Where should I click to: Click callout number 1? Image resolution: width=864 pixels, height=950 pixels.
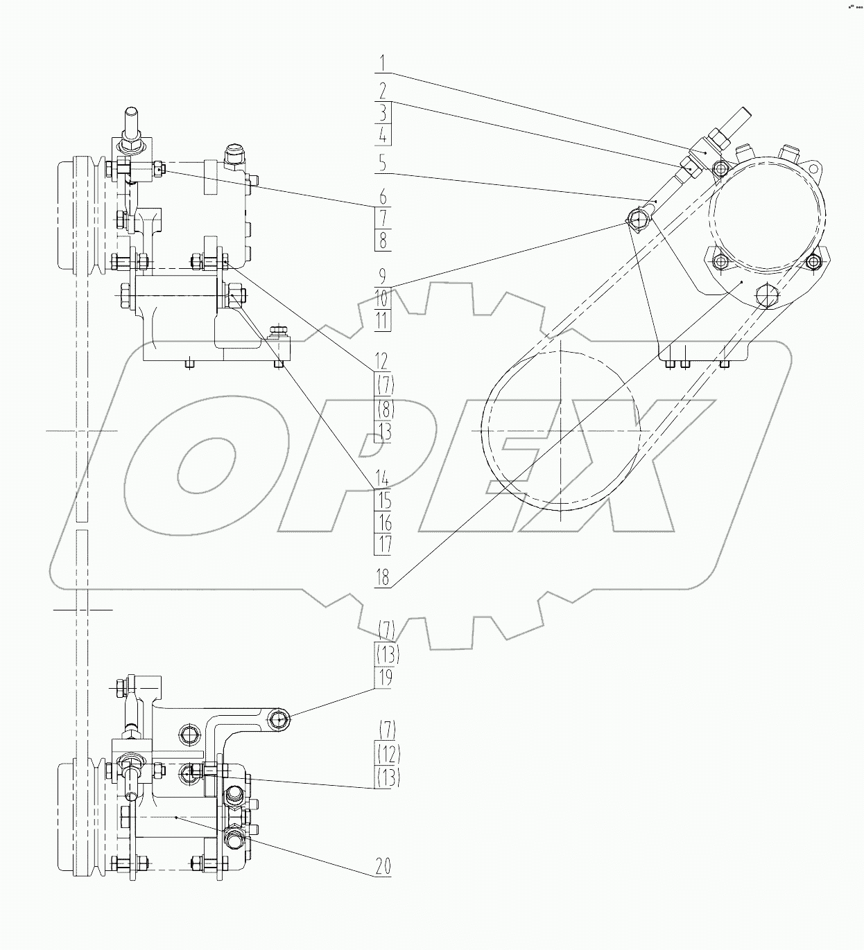383,63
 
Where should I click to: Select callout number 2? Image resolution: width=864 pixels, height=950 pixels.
383,91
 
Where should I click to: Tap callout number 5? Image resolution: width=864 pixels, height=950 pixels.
382,163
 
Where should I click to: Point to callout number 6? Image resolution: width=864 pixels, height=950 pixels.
383,197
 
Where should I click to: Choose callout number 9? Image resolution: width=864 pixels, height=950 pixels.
382,276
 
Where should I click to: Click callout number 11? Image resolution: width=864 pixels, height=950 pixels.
383,319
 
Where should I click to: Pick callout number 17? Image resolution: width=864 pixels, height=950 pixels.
383,544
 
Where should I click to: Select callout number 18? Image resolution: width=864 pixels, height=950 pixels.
383,577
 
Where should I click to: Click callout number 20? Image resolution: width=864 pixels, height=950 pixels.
383,865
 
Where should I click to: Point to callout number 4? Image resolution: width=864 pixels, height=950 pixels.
383,134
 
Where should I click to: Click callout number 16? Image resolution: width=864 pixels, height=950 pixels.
383,522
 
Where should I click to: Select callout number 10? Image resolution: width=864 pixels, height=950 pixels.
383,298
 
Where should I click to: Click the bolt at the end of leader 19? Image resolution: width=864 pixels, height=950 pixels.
279,721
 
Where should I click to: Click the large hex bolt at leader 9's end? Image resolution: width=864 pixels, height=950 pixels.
637,221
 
